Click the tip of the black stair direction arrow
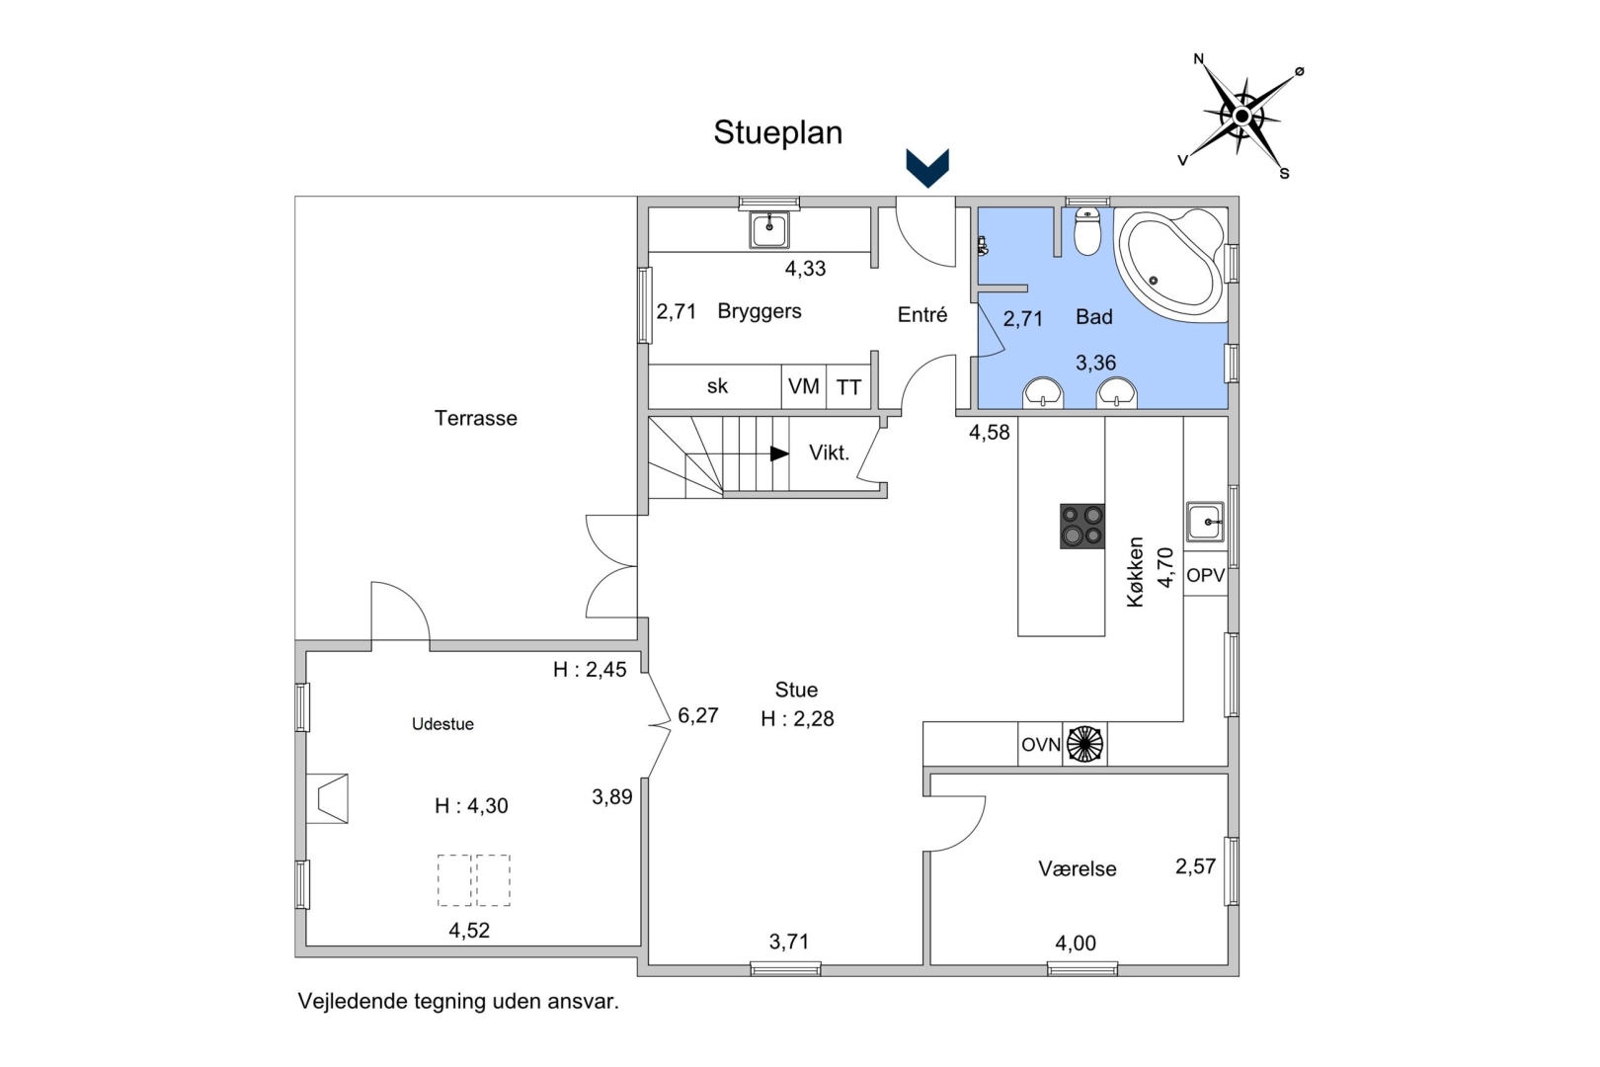click(x=788, y=453)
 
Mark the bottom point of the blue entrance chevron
click(x=927, y=188)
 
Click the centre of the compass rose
click(x=1241, y=116)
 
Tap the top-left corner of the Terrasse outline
click(x=295, y=197)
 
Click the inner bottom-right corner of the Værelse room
click(x=1227, y=965)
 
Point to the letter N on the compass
click(x=1199, y=58)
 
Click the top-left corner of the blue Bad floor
click(x=979, y=208)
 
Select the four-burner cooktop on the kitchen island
click(x=1082, y=526)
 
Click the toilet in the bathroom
click(x=1087, y=230)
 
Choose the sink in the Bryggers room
click(x=769, y=229)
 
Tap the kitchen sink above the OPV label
click(x=1205, y=522)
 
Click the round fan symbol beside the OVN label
click(x=1084, y=744)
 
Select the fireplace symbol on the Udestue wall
click(x=328, y=798)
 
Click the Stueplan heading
click(x=778, y=133)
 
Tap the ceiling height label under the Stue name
click(x=797, y=718)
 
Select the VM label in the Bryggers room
click(x=804, y=386)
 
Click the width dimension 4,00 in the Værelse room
click(x=1075, y=944)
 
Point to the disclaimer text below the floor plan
click(x=458, y=1001)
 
